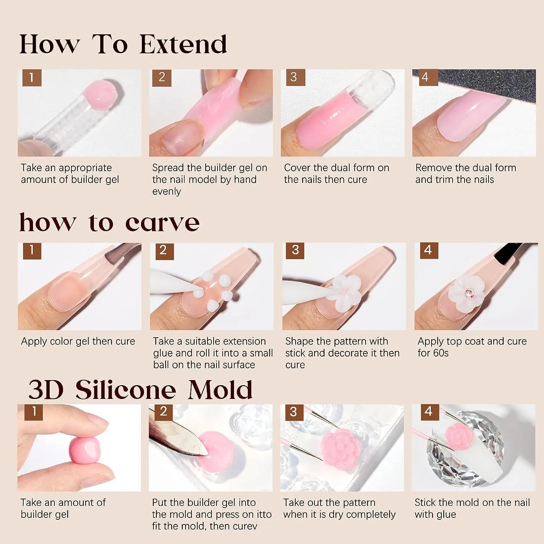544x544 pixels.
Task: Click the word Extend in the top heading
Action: tap(183, 44)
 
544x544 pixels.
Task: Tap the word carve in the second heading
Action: tap(162, 223)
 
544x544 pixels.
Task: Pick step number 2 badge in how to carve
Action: tap(163, 251)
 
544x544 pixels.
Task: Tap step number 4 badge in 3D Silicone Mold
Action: tap(429, 412)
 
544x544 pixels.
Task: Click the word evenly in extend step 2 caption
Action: tap(166, 191)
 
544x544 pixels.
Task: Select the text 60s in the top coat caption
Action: tap(441, 353)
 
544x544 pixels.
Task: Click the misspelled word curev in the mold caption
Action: tap(244, 526)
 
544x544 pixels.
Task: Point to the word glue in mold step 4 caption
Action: tap(446, 515)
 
